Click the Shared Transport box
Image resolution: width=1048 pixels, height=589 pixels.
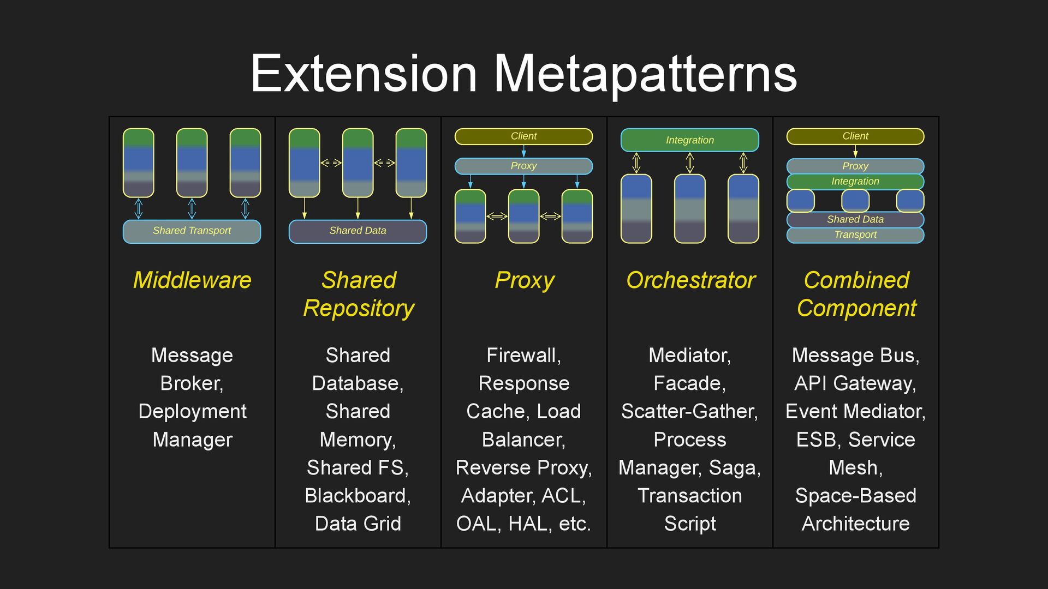point(192,231)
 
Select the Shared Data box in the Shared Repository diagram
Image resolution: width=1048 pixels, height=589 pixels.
point(358,231)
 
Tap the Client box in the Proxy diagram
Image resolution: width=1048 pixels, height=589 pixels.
point(523,136)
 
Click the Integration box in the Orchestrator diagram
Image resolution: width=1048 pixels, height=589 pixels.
point(689,140)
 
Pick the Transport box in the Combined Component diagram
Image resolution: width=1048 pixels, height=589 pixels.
point(855,235)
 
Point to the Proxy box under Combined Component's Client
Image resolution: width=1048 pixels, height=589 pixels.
point(855,166)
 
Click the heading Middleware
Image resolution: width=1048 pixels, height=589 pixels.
point(192,280)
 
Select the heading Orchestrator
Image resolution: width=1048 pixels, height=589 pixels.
point(690,280)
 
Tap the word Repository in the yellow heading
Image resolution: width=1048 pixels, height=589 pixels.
point(359,309)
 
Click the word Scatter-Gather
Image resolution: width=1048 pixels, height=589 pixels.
point(689,412)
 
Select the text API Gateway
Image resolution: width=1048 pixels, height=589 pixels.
point(854,383)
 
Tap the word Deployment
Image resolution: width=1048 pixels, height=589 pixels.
point(192,412)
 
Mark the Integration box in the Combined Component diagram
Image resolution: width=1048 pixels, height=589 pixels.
point(855,182)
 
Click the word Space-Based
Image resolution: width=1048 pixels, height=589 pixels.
point(855,496)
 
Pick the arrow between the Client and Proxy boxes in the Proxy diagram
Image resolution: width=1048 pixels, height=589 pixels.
point(524,151)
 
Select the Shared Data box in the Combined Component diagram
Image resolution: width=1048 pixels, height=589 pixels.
point(855,220)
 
